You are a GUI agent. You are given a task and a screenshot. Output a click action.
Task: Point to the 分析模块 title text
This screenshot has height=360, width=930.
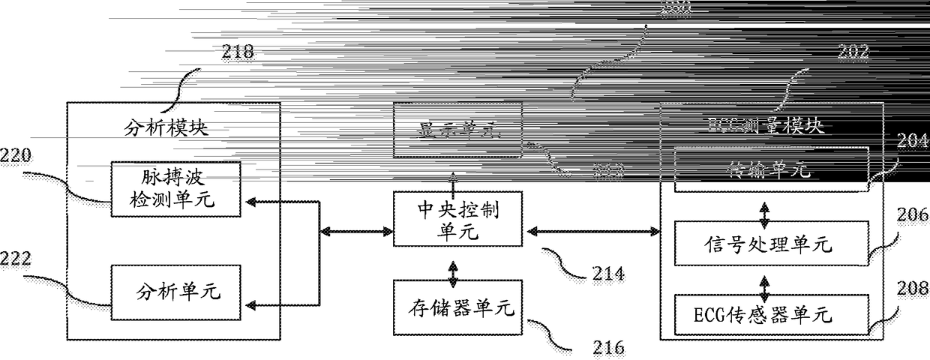pyautogui.click(x=165, y=127)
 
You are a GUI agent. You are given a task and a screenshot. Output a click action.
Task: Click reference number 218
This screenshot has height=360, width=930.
pyautogui.click(x=238, y=52)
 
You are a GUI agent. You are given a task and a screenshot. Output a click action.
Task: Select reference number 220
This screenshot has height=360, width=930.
pyautogui.click(x=16, y=157)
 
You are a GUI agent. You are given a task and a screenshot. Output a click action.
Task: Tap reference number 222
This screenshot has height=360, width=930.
pyautogui.click(x=16, y=259)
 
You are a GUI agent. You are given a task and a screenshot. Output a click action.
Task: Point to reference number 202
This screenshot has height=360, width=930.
pyautogui.click(x=853, y=52)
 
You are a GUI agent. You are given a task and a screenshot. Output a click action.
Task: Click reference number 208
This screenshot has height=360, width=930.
pyautogui.click(x=910, y=287)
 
